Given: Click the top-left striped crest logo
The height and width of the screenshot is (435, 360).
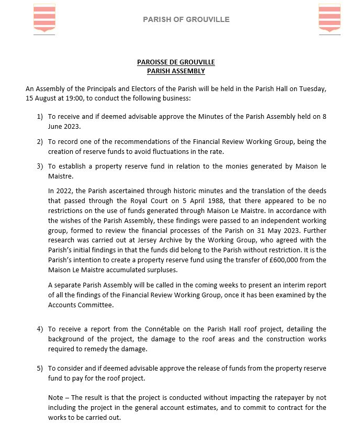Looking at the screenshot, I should [x=44, y=18].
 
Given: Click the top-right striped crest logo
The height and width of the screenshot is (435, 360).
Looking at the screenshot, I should [x=329, y=18].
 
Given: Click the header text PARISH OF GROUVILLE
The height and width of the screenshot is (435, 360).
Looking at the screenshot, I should [x=186, y=19].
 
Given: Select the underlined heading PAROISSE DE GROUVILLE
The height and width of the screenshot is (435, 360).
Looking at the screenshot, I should [x=176, y=62].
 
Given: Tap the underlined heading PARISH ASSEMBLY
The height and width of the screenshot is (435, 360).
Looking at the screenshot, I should [x=176, y=71].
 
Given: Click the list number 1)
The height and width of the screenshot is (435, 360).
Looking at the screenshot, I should [x=40, y=116].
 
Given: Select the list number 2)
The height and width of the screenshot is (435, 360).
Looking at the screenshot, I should [x=40, y=141].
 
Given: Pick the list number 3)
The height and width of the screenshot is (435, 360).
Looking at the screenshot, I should [x=40, y=166].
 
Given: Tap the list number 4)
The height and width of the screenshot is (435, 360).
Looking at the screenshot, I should [x=40, y=329].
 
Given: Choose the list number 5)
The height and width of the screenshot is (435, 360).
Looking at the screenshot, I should [x=40, y=368].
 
